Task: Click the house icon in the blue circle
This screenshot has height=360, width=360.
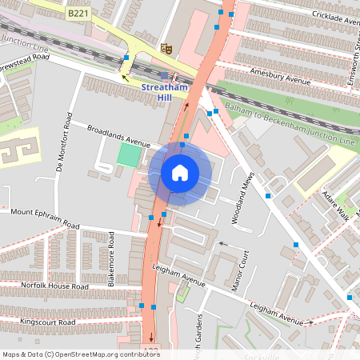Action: (x=180, y=173)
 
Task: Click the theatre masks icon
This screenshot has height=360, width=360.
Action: (x=166, y=48)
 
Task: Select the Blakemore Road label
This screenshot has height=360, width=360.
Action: (x=111, y=264)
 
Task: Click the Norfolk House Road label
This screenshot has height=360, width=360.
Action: (x=44, y=286)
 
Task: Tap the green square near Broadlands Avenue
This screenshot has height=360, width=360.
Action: (x=128, y=154)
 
